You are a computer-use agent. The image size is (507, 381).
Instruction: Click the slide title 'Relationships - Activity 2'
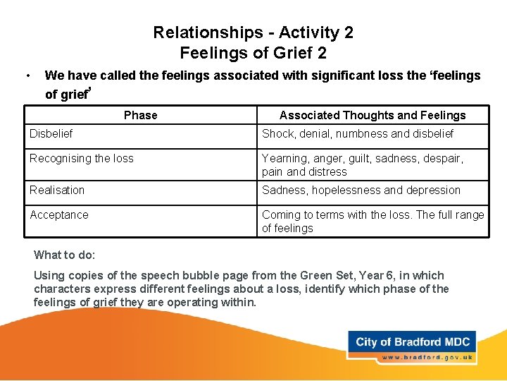pos(253,32)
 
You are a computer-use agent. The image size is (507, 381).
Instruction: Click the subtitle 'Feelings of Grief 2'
pos(253,53)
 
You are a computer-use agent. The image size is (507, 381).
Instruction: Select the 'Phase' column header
pos(141,115)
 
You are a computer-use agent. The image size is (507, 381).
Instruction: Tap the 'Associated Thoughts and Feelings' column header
pos(373,115)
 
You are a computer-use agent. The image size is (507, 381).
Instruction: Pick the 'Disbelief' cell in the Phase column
pos(51,133)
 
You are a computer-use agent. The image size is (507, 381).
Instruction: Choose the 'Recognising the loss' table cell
pos(82,158)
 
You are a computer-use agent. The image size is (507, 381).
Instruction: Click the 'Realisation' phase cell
pos(57,190)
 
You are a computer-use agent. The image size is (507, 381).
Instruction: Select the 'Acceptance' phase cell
pos(59,214)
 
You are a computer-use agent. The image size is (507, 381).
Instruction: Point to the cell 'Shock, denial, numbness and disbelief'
pos(358,133)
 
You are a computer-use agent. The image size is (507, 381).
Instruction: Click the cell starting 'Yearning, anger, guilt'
pos(363,165)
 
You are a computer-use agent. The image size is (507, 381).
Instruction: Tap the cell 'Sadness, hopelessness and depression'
pos(361,190)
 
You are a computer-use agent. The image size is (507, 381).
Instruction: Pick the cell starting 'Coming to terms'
pos(373,221)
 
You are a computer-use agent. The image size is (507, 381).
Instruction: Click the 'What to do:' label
pos(65,255)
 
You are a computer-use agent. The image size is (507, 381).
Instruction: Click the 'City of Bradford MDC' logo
pos(413,342)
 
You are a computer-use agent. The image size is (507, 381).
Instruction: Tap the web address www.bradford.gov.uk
pos(427,357)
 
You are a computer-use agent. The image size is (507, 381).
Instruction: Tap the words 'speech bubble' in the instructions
pos(146,275)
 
